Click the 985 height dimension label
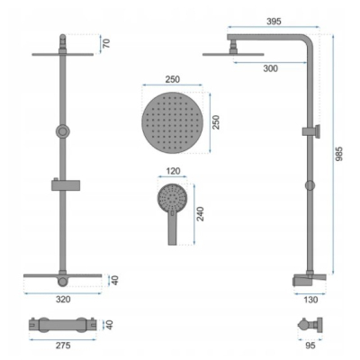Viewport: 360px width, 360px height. pyautogui.click(x=338, y=154)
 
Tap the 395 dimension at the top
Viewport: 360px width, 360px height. pyautogui.click(x=274, y=22)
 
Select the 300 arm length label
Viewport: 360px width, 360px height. pyautogui.click(x=271, y=68)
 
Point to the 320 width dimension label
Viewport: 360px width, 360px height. pyautogui.click(x=63, y=299)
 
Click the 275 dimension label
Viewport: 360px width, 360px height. pyautogui.click(x=63, y=346)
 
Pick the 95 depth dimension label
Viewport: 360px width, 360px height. pyautogui.click(x=310, y=346)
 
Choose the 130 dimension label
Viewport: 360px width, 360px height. pyautogui.click(x=310, y=300)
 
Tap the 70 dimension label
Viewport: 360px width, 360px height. pyautogui.click(x=106, y=43)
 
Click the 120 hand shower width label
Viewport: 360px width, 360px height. pyautogui.click(x=173, y=171)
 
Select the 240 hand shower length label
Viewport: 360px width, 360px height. pyautogui.click(x=200, y=214)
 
